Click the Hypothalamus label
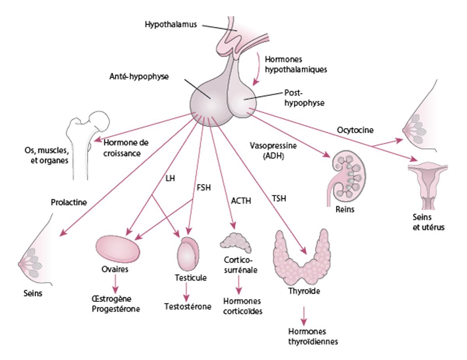click(170, 24)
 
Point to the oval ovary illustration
click(118, 249)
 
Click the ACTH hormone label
click(241, 201)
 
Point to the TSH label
click(279, 199)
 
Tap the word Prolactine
click(68, 203)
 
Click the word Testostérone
click(188, 306)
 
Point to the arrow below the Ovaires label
click(115, 288)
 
